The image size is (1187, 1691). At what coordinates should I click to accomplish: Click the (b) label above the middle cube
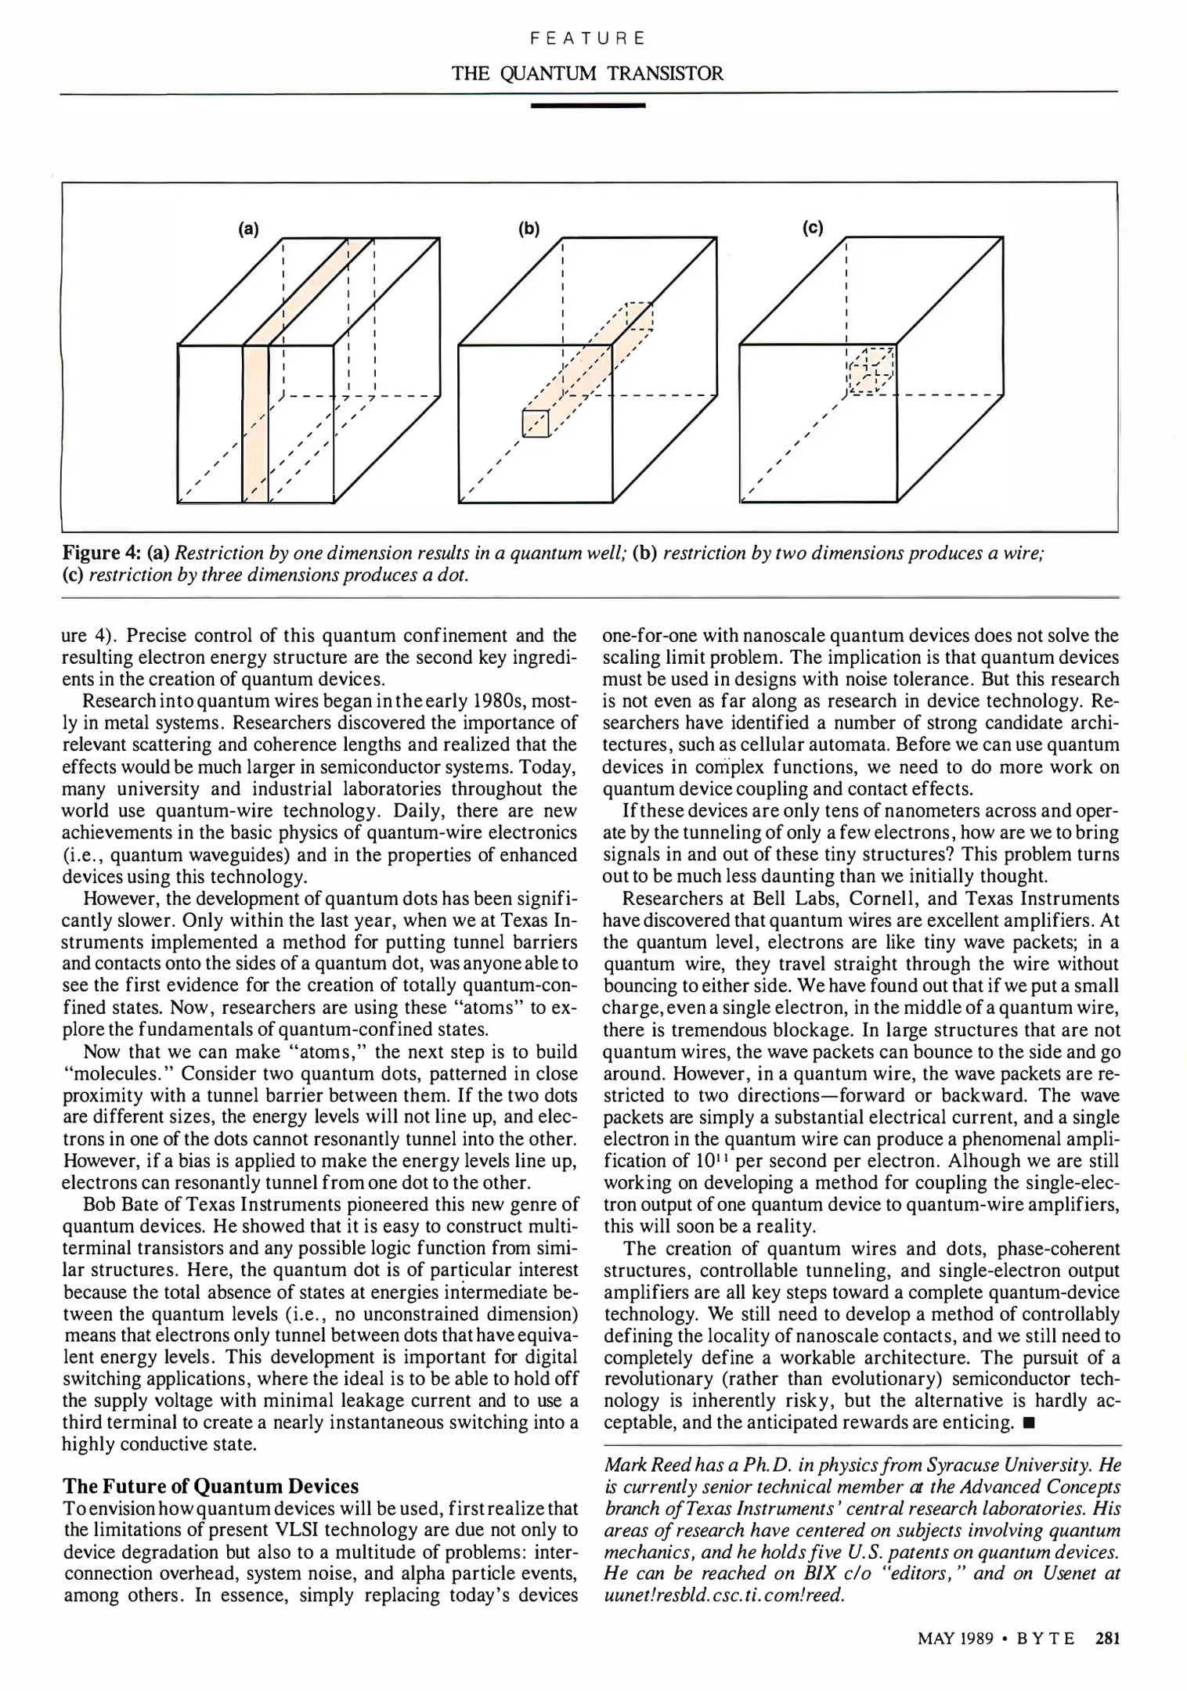(x=529, y=229)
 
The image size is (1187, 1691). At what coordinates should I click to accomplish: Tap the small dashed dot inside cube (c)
(x=871, y=370)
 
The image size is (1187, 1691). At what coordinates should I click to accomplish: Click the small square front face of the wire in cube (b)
(x=536, y=424)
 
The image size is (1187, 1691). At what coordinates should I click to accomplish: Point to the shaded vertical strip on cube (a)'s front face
(x=255, y=423)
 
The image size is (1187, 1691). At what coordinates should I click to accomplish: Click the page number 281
(x=1108, y=1638)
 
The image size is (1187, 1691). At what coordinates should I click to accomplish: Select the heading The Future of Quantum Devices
(x=211, y=1486)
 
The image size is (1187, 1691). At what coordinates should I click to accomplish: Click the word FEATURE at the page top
(x=587, y=38)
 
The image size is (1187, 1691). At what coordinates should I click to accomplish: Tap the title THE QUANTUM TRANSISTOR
(x=587, y=74)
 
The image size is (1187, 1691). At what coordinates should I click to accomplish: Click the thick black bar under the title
(x=587, y=104)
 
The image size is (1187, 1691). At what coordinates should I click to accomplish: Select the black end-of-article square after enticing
(x=1028, y=1422)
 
